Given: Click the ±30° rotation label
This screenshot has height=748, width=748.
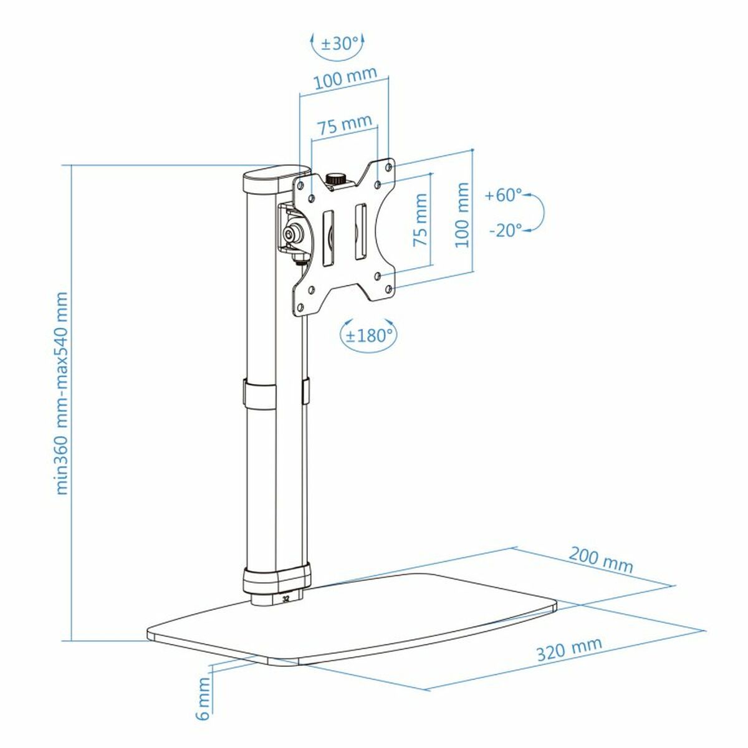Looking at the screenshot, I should (x=340, y=44).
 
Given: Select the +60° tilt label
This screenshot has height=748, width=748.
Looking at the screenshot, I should (x=503, y=195).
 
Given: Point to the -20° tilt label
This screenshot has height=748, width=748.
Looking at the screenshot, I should (x=505, y=231).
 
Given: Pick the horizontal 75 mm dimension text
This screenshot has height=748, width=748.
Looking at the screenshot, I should (x=345, y=125).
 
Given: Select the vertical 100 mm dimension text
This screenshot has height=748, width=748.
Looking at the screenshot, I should (x=462, y=215).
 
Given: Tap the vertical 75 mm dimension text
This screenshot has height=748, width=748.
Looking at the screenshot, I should (x=421, y=220).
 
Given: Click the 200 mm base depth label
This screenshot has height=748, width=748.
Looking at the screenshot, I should (x=601, y=559).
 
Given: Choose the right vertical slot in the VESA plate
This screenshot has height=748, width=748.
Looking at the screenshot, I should (x=360, y=230).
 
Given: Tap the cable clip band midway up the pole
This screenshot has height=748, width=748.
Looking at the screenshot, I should (x=259, y=393).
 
